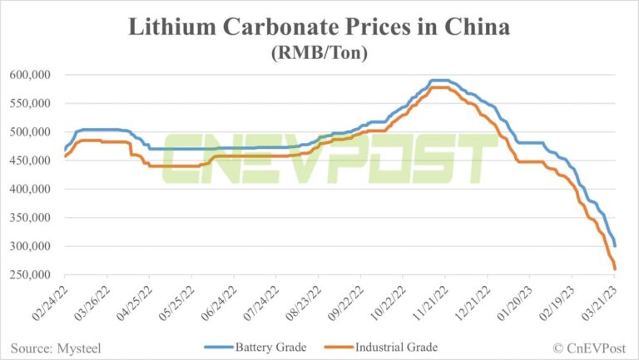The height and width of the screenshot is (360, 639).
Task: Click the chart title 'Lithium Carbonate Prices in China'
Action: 319,27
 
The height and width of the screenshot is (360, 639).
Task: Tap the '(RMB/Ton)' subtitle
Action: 319,52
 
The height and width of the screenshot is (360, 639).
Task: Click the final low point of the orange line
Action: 615,269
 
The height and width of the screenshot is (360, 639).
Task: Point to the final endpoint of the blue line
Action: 615,246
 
